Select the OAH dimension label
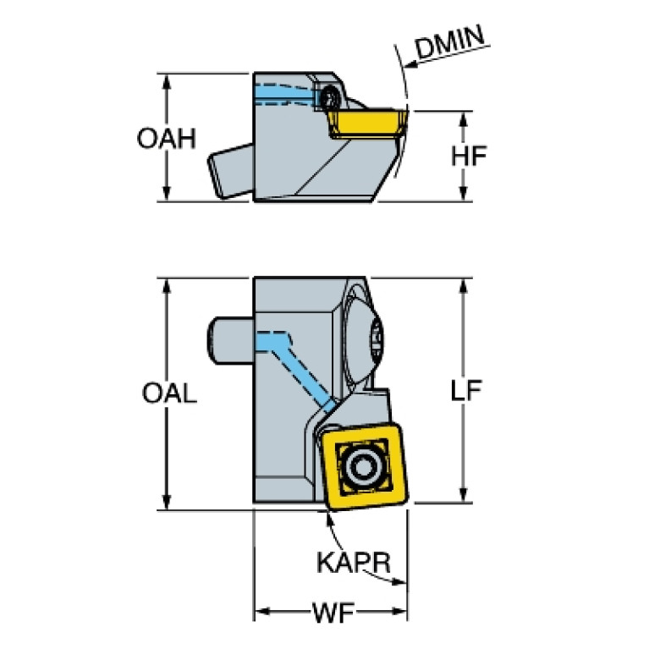(x=166, y=138)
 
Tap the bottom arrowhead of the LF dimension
(x=463, y=499)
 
